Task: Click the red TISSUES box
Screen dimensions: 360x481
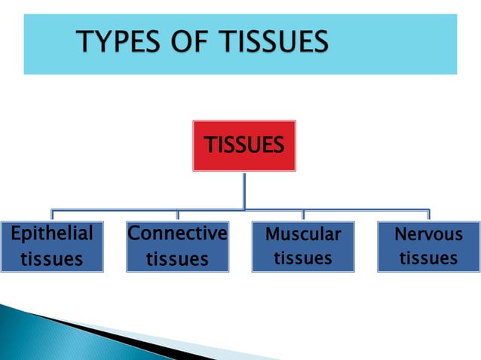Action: [x=243, y=145]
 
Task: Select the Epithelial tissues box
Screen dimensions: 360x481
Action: [x=51, y=246]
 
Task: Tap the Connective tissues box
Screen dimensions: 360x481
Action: [x=177, y=246]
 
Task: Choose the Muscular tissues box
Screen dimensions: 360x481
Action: [x=303, y=246]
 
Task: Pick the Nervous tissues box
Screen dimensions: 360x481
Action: [x=428, y=246]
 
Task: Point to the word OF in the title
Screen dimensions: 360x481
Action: [x=189, y=41]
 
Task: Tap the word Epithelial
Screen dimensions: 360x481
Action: [x=51, y=234]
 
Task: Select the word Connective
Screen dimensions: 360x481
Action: [x=177, y=233]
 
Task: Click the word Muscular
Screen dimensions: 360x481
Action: [x=303, y=234]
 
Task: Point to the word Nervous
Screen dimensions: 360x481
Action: [x=428, y=234]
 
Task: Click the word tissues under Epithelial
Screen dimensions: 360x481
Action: [x=51, y=260]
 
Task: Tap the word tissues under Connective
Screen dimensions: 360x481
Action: [x=177, y=260]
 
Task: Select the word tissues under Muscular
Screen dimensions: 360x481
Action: [x=303, y=258]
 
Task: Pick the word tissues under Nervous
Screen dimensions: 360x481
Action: [x=428, y=258]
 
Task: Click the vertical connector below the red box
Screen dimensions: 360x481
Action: [x=244, y=188]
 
